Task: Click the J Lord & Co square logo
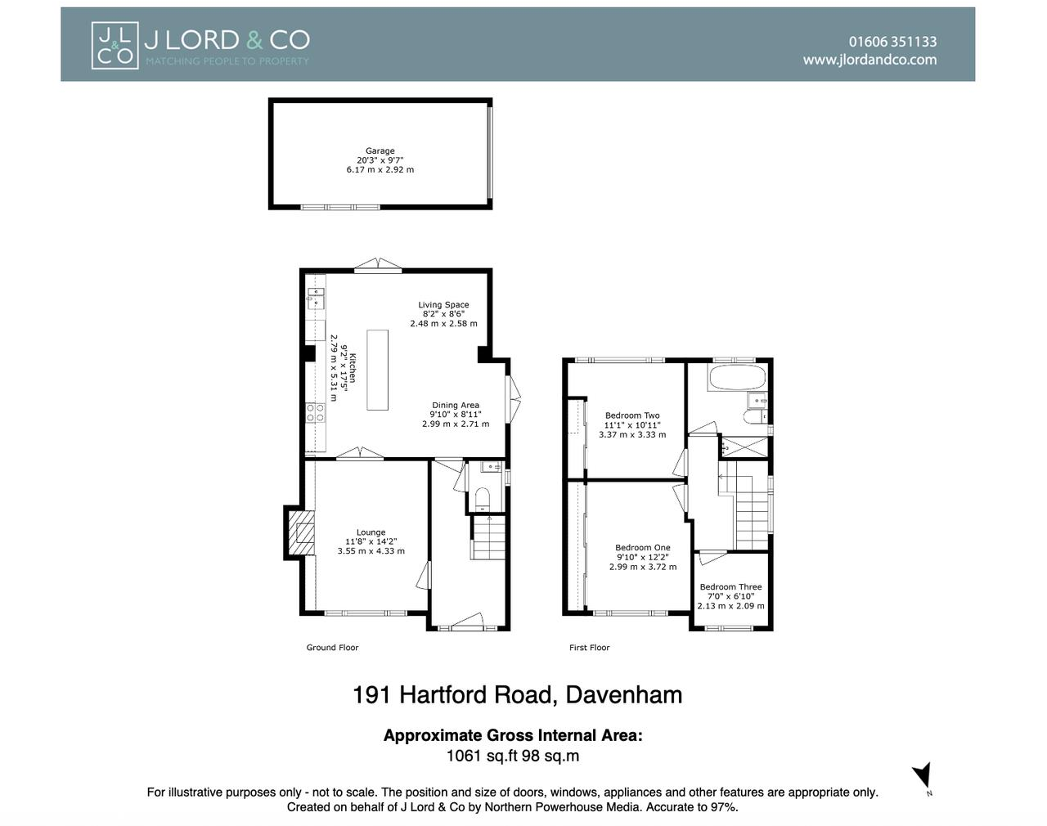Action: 115,45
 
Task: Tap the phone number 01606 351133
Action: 892,42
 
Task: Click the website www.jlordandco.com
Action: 870,60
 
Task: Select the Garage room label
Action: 380,151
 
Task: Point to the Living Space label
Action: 443,305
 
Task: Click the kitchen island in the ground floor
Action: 377,370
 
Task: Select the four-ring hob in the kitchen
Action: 315,413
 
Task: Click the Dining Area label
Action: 456,406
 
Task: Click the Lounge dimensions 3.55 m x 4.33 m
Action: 371,551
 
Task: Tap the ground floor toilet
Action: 482,498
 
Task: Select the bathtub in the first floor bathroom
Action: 737,379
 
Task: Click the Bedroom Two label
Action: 632,415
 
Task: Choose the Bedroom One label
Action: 642,548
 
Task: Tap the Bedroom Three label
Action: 730,587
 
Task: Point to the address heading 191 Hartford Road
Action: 517,695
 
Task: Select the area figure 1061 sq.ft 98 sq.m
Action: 512,756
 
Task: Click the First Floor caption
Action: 589,648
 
